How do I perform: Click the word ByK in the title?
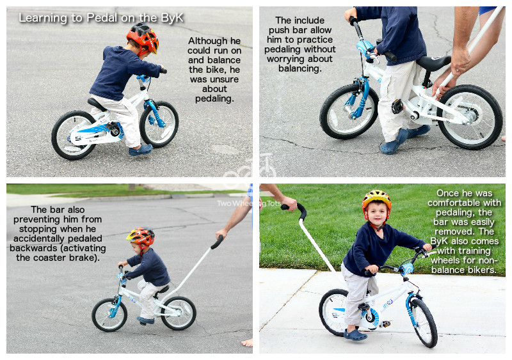click(x=172, y=18)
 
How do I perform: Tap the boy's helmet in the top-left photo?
click(x=143, y=38)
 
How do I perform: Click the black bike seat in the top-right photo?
click(x=433, y=62)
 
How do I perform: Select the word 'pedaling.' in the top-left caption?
click(x=214, y=98)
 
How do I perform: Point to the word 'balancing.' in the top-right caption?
click(x=300, y=68)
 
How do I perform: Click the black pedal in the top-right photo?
click(x=397, y=106)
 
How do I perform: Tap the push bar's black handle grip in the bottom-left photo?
click(x=217, y=242)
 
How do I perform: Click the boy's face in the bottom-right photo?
click(x=377, y=214)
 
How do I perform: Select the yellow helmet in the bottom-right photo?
click(x=376, y=199)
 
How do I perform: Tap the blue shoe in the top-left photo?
click(x=140, y=150)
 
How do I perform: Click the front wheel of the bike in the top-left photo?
click(x=159, y=124)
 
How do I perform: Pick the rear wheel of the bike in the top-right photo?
click(x=470, y=117)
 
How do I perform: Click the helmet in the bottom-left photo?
click(x=140, y=237)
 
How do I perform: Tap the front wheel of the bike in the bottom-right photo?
click(x=423, y=322)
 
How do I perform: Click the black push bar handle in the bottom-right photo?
click(x=296, y=209)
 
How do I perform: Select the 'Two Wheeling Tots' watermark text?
click(x=249, y=203)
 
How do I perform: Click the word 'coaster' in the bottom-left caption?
click(x=49, y=258)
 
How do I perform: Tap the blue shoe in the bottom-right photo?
click(x=355, y=335)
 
